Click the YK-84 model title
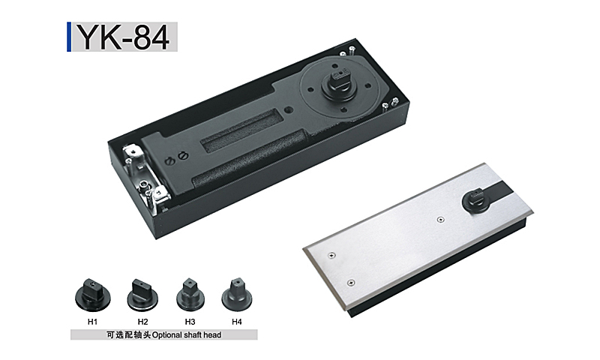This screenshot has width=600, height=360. pos(124,37)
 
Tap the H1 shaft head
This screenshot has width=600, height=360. pos(92,294)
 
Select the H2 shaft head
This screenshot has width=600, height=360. pos(142,295)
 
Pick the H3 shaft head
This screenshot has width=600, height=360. pos(190,295)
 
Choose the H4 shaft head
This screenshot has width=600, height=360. pos(237,295)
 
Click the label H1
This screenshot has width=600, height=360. pos(92,322)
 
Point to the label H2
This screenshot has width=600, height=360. pos(142,322)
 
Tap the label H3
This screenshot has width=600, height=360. pos(190,322)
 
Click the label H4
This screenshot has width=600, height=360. pos(237,322)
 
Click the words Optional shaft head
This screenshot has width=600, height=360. pos(187,335)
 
